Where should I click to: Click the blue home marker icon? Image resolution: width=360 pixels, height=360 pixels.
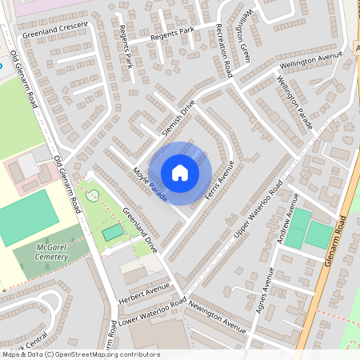(180, 172)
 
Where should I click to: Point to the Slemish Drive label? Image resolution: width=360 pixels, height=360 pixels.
(177, 119)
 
